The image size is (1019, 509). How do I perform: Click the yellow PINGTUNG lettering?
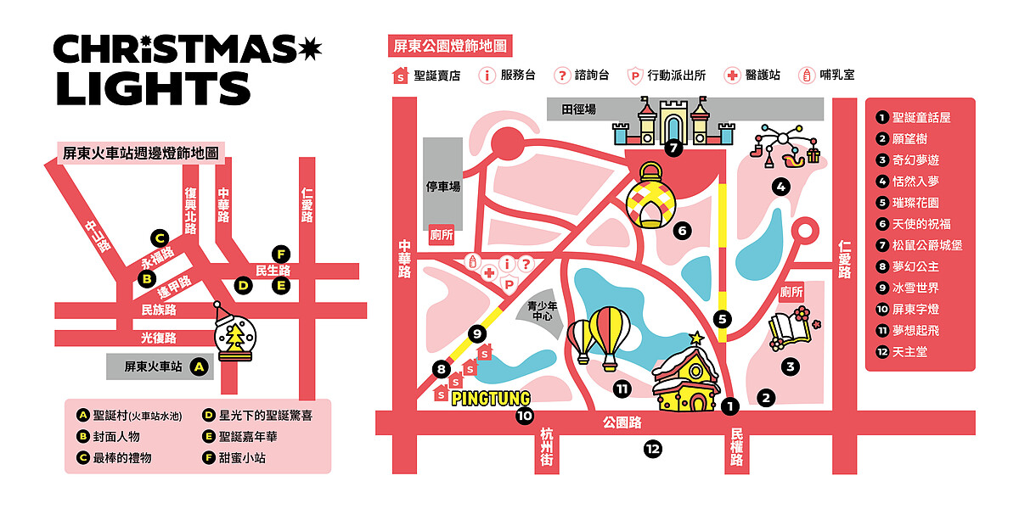pyautogui.click(x=490, y=398)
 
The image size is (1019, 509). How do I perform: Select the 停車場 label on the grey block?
pyautogui.click(x=442, y=187)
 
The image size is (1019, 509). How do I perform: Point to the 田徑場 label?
pyautogui.click(x=578, y=109)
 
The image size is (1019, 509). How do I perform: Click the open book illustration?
pyautogui.click(x=789, y=332)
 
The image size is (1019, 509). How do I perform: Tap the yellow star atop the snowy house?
pyautogui.click(x=698, y=338)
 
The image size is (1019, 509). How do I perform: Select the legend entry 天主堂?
pyautogui.click(x=909, y=351)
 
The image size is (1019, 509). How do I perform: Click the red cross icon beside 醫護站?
pyautogui.click(x=732, y=75)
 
